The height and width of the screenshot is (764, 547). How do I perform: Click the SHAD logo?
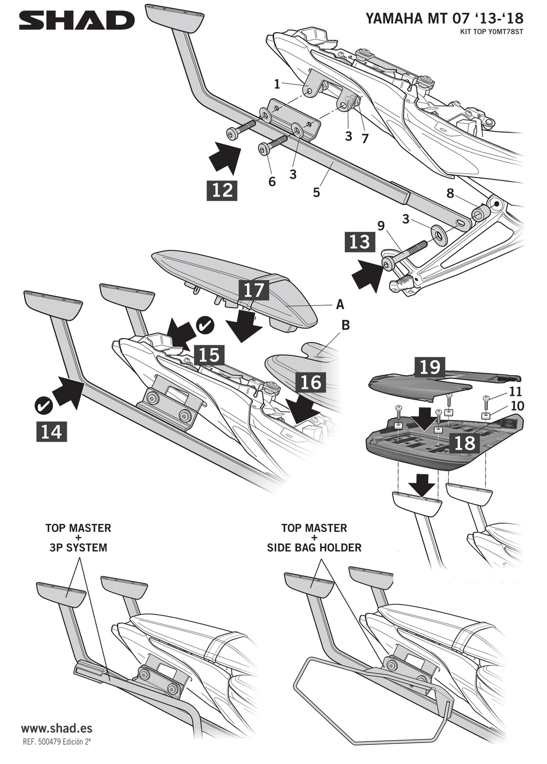[x=77, y=21]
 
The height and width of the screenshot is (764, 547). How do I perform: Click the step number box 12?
[x=222, y=190]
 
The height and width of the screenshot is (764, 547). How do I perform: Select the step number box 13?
[x=360, y=242]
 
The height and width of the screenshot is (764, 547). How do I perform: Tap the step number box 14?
[x=52, y=432]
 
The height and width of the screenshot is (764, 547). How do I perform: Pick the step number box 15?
[x=209, y=355]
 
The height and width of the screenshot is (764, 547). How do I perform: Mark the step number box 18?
[x=465, y=443]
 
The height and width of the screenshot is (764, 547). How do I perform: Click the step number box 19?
[x=430, y=367]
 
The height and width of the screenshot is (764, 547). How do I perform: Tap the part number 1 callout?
[x=277, y=85]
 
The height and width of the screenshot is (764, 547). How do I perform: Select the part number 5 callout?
[x=316, y=192]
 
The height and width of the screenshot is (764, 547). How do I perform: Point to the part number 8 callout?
[x=450, y=194]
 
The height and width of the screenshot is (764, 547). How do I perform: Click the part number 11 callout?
[x=516, y=392]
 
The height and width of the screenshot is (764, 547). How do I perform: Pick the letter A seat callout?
[x=340, y=304]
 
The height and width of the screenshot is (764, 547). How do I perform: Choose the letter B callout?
[x=346, y=325]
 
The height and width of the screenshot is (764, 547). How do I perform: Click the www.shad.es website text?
[x=57, y=729]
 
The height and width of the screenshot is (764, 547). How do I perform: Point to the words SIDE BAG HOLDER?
[x=314, y=548]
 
